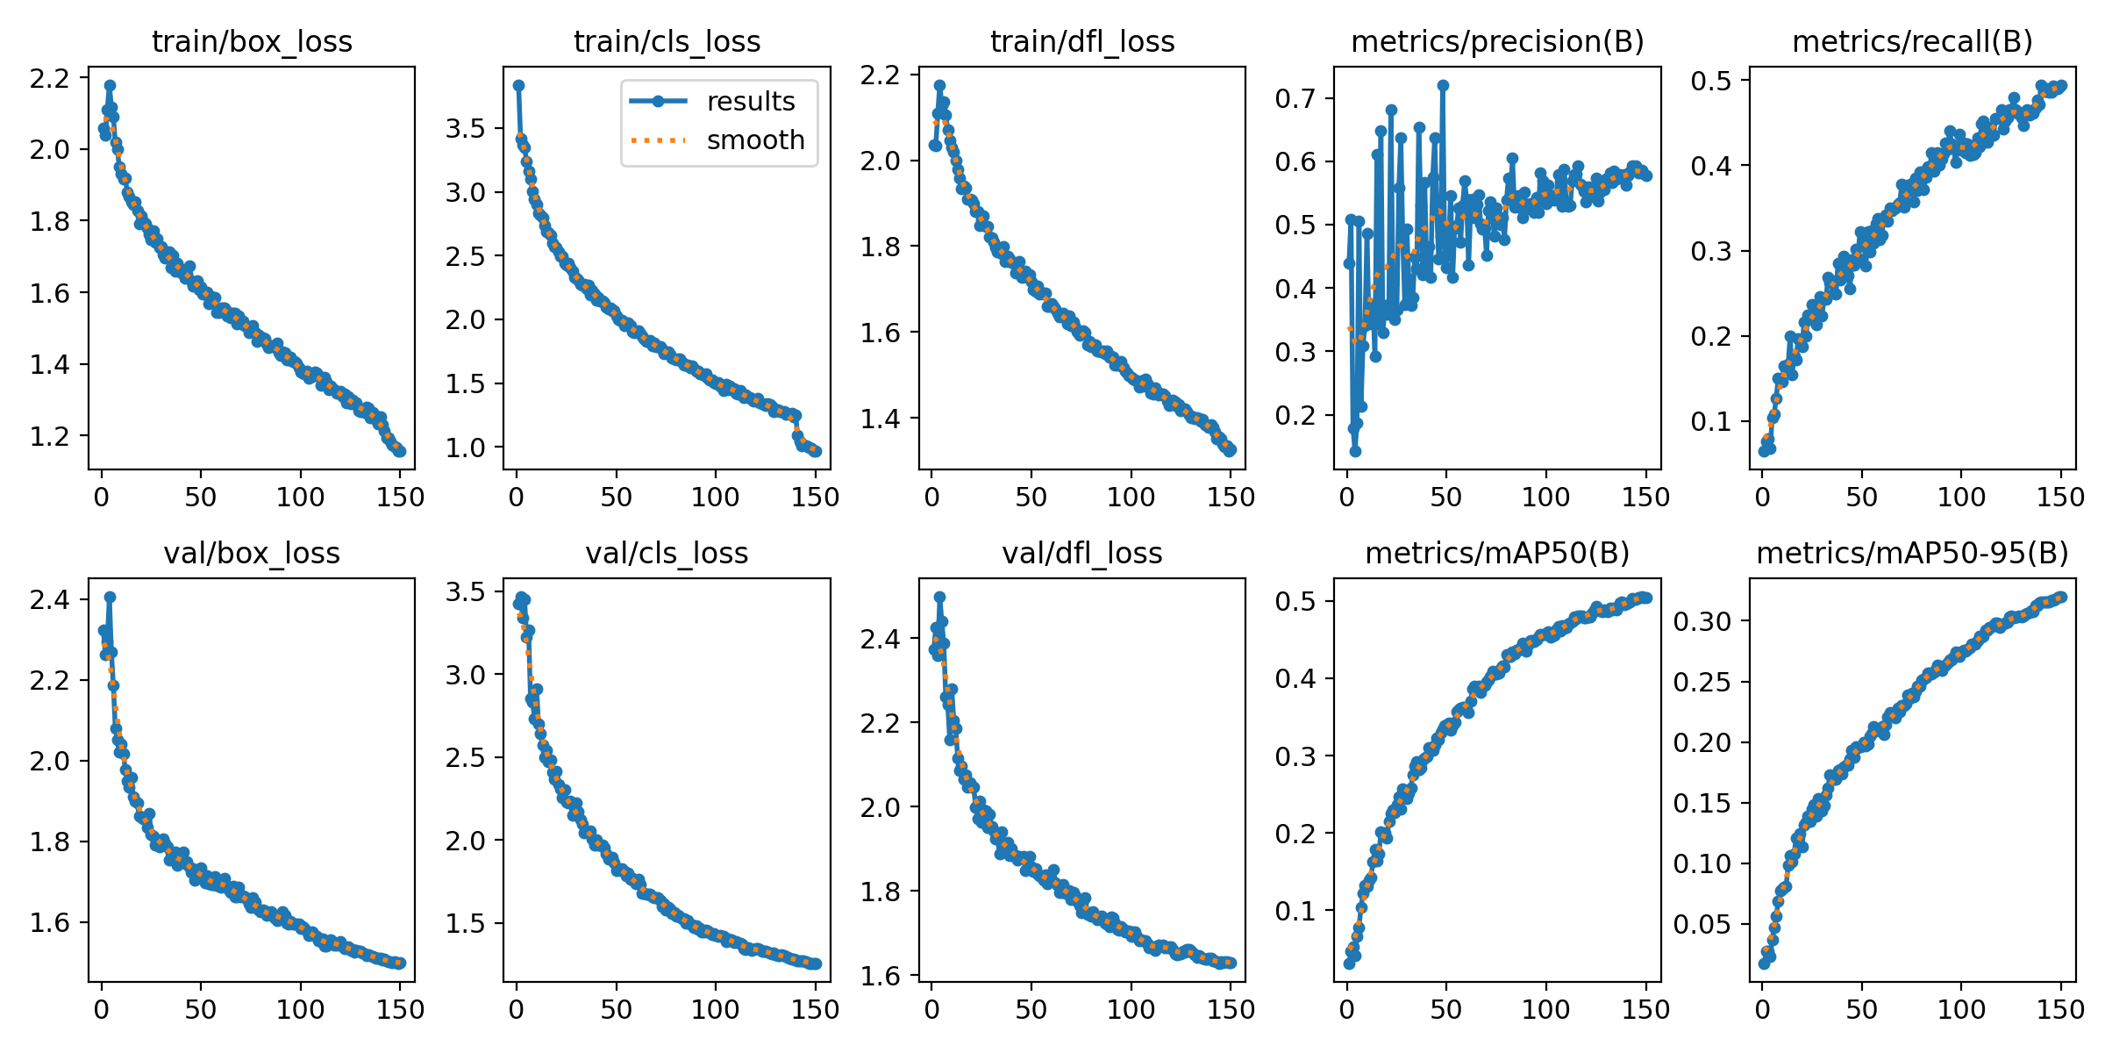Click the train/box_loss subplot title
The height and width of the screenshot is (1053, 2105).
click(252, 41)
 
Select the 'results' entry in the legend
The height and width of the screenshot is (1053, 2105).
click(750, 102)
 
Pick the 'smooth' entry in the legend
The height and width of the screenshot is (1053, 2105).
click(755, 140)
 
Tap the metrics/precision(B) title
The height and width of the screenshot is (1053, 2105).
click(1497, 41)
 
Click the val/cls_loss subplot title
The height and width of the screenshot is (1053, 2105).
click(667, 553)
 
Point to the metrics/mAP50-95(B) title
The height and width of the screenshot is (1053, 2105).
click(1912, 553)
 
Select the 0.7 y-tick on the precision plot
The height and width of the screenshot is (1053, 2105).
click(1295, 98)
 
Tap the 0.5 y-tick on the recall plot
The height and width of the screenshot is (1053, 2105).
click(1711, 81)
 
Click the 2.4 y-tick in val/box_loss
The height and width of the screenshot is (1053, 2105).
click(50, 599)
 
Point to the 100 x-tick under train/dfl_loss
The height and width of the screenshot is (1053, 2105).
click(1131, 497)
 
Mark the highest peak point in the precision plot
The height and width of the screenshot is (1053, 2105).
click(1443, 85)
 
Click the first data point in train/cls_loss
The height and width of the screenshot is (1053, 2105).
click(518, 85)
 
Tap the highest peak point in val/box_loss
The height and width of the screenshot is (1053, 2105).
click(110, 597)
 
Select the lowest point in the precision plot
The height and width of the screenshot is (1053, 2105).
click(1355, 451)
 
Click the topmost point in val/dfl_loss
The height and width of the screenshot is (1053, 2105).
click(939, 597)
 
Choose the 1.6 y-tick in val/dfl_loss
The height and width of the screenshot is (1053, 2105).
click(881, 976)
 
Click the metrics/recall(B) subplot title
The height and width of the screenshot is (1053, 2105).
click(1912, 41)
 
